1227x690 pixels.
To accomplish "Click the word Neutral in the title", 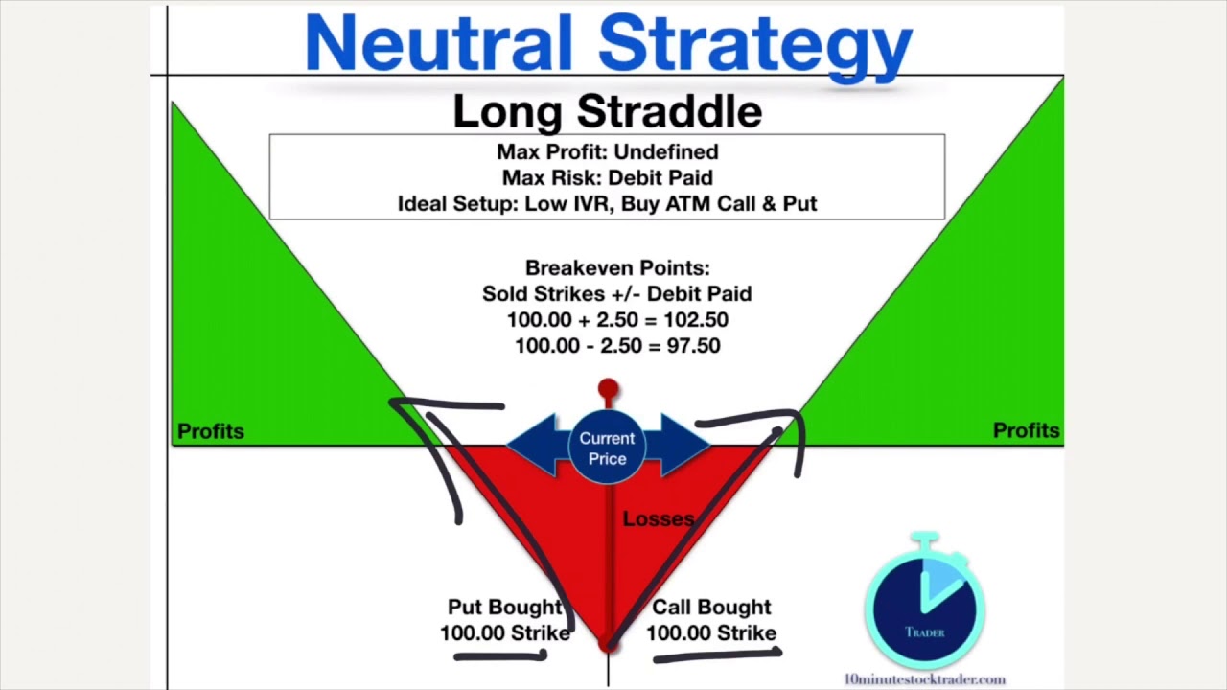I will pyautogui.click(x=438, y=43).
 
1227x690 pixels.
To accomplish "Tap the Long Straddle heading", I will pyautogui.click(x=607, y=112).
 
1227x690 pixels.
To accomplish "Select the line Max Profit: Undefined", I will pyautogui.click(x=607, y=151).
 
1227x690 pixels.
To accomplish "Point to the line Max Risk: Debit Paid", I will pyautogui.click(x=607, y=177).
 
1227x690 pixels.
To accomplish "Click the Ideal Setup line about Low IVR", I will pyautogui.click(x=607, y=203).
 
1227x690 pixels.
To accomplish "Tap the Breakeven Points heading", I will pyautogui.click(x=616, y=268).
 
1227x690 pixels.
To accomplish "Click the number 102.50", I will pyautogui.click(x=695, y=320).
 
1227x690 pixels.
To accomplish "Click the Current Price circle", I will pyautogui.click(x=607, y=448).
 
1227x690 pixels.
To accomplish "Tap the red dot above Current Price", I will pyautogui.click(x=608, y=389).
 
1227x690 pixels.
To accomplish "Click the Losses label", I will pyautogui.click(x=658, y=518).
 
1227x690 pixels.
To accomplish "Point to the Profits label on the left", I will pyautogui.click(x=211, y=431).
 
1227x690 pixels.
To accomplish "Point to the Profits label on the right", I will pyautogui.click(x=1026, y=430).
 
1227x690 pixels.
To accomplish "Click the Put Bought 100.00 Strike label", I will pyautogui.click(x=504, y=620).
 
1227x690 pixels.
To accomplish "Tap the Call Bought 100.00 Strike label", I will pyautogui.click(x=710, y=620).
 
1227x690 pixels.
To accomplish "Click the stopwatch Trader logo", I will pyautogui.click(x=924, y=604).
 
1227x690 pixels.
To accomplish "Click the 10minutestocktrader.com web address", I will pyautogui.click(x=924, y=679).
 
